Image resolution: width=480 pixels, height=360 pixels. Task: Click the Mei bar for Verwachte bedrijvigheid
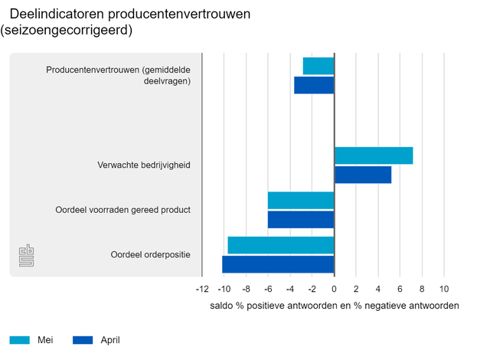(374, 155)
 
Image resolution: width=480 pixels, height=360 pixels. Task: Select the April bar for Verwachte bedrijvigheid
(363, 175)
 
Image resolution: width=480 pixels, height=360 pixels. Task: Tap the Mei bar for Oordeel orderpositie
(281, 245)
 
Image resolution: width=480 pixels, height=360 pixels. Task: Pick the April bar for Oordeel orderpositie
(278, 264)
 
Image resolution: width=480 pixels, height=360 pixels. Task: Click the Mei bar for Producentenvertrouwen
(318, 66)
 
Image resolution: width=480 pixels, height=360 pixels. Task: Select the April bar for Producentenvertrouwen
(314, 85)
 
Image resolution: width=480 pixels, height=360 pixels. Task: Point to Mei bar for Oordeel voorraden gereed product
(301, 201)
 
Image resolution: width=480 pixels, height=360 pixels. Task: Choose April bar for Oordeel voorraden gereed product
(301, 220)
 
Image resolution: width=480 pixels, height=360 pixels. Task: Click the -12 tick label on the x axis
(201, 290)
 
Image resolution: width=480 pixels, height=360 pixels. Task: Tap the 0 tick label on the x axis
(334, 290)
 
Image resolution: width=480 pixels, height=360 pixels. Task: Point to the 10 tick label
(443, 290)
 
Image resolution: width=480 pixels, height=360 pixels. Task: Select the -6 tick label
(268, 290)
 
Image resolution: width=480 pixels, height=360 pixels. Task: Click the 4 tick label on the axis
(377, 290)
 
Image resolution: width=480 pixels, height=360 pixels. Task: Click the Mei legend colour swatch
(20, 340)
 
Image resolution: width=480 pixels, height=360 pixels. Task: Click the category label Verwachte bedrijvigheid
(144, 165)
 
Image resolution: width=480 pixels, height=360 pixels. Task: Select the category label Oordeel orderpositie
(150, 254)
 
